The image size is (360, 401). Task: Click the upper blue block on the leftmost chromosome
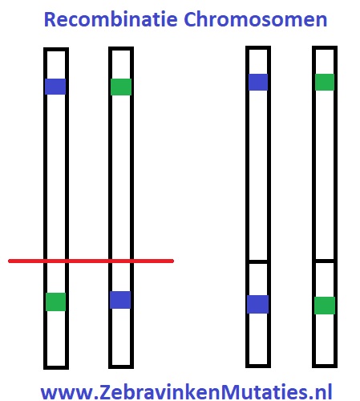tap(55, 87)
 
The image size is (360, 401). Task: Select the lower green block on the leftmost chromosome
tap(55, 302)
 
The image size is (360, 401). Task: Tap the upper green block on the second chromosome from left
tap(121, 87)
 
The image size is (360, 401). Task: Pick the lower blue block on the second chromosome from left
tap(120, 300)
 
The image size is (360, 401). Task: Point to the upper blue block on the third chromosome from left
tap(258, 82)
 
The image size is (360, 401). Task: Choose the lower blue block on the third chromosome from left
tap(257, 304)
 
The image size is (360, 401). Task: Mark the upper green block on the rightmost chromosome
tap(325, 82)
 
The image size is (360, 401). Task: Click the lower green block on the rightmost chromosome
tap(325, 306)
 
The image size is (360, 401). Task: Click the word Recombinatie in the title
tap(111, 19)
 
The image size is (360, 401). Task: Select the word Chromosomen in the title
tap(256, 19)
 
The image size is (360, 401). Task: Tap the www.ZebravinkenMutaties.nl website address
tap(186, 391)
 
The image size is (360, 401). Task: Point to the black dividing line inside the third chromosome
tap(258, 261)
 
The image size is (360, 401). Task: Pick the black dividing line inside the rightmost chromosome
tap(325, 261)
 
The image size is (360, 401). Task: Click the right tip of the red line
tap(173, 261)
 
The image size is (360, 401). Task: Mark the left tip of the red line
tap(10, 261)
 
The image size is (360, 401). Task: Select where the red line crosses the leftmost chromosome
tap(56, 261)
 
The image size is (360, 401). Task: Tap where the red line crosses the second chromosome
tap(121, 261)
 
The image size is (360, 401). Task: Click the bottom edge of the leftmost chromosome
tap(56, 367)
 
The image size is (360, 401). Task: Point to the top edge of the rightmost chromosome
tap(325, 48)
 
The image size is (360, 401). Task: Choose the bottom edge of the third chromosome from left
tap(258, 366)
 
